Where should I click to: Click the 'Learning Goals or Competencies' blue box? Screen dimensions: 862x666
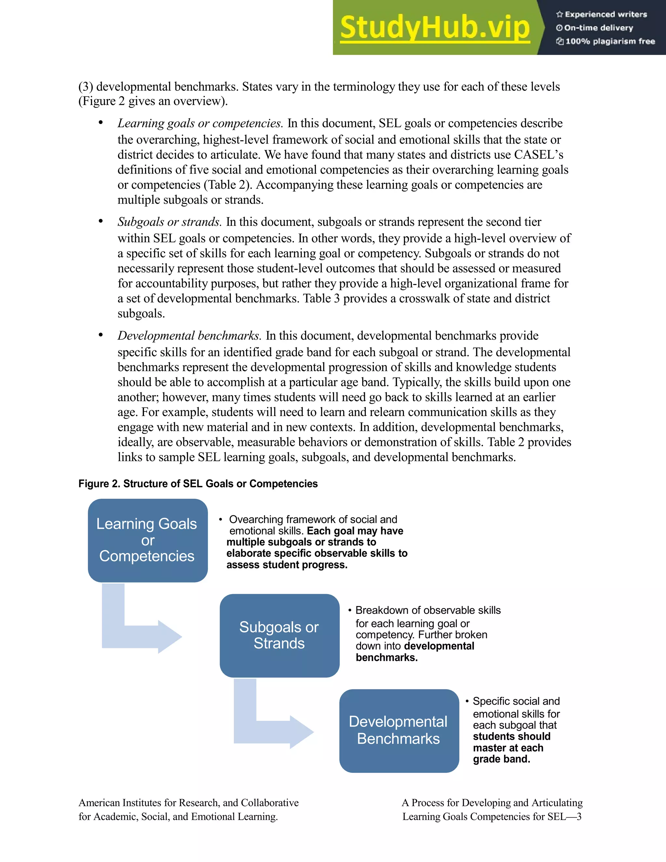[x=148, y=540]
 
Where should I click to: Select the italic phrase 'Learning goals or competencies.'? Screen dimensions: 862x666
[x=200, y=124]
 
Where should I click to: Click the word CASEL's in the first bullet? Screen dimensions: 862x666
[x=539, y=155]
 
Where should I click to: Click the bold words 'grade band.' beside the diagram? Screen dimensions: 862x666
[x=501, y=759]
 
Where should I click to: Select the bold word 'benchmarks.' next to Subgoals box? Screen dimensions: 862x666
[x=386, y=657]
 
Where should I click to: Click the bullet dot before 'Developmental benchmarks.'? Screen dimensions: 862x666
[x=100, y=335]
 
